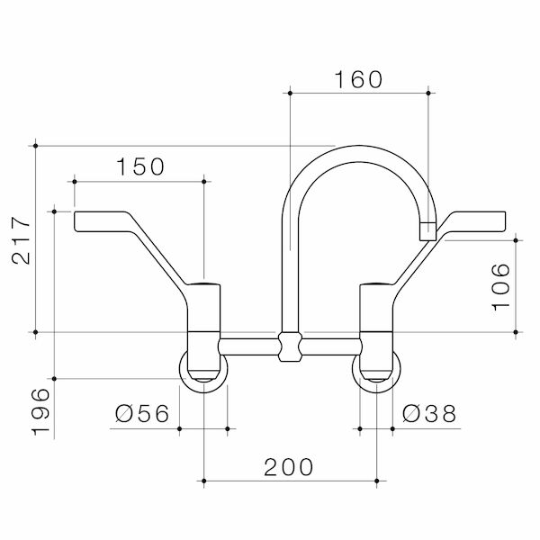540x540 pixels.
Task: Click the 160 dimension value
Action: pyautogui.click(x=359, y=78)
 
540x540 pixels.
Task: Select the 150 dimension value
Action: pyautogui.click(x=140, y=166)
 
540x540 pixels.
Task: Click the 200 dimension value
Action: pyautogui.click(x=288, y=467)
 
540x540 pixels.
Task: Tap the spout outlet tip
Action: pyautogui.click(x=427, y=231)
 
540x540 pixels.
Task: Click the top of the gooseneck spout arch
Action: pyautogui.click(x=358, y=148)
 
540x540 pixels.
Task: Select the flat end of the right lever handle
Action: pyautogui.click(x=498, y=221)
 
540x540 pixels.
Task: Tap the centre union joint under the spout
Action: pyautogui.click(x=288, y=346)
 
